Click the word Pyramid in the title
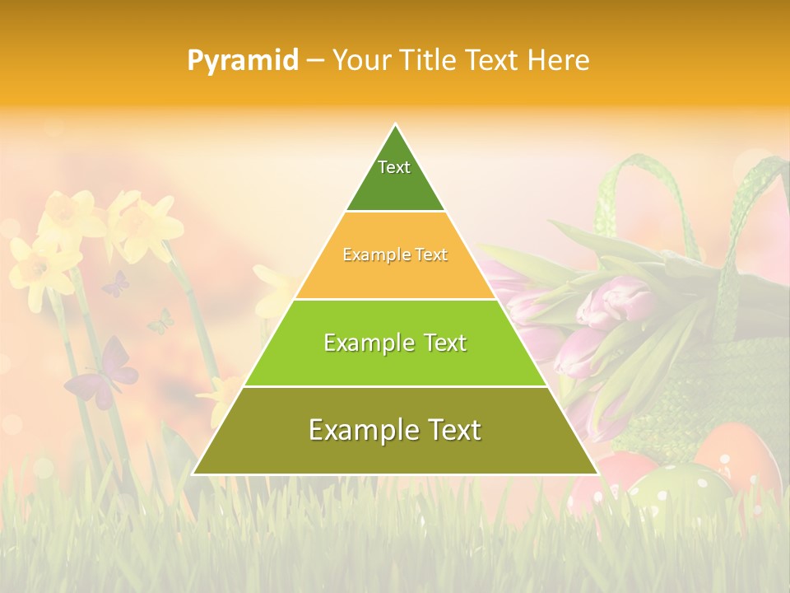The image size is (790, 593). [x=243, y=60]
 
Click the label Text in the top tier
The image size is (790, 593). [x=394, y=167]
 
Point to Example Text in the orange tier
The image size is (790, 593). [x=395, y=254]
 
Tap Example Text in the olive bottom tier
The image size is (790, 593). [x=395, y=429]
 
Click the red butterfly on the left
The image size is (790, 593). [x=103, y=375]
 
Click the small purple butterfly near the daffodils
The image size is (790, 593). [x=115, y=284]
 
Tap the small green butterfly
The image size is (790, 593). [x=161, y=322]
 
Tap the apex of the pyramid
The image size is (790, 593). [x=395, y=126]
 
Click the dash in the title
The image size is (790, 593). [x=314, y=61]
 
